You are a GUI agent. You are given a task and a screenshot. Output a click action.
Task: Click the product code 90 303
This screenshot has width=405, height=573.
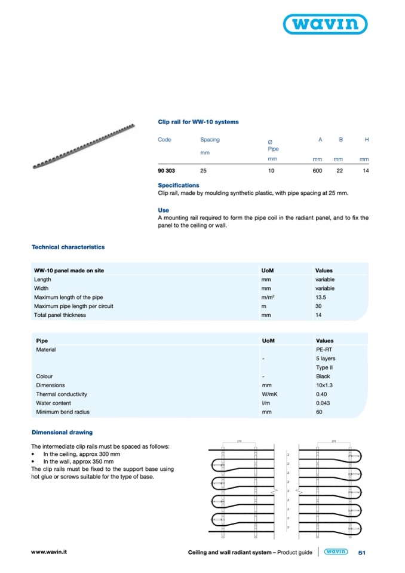[x=166, y=171]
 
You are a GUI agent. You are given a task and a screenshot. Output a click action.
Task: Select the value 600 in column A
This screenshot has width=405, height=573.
[x=317, y=171]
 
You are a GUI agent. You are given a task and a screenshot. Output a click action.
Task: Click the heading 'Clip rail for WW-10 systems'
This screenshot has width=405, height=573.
[x=198, y=122]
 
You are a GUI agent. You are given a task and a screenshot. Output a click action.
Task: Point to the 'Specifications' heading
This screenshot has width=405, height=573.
[x=179, y=185]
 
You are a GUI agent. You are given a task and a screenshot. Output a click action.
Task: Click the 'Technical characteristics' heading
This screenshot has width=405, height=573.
[x=68, y=247]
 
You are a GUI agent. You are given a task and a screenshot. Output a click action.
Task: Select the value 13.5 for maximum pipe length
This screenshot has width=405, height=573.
[x=321, y=297]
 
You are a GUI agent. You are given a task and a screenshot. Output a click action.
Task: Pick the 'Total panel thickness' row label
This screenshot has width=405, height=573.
[x=60, y=315]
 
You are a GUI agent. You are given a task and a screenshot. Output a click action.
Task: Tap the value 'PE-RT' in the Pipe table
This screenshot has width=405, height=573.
[x=323, y=350]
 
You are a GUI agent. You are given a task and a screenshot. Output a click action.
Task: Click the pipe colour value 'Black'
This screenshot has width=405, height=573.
[x=323, y=376]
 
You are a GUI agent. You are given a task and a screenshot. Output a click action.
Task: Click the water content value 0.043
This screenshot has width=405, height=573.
[x=324, y=403]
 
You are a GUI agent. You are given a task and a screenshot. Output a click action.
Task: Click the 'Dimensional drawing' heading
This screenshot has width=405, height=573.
[x=62, y=432]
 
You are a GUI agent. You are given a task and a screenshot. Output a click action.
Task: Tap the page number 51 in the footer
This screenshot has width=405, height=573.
[x=361, y=553]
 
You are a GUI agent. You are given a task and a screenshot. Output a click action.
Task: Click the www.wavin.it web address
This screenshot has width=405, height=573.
[x=49, y=553]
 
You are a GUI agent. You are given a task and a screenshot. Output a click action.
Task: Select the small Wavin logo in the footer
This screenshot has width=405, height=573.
[x=336, y=553]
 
